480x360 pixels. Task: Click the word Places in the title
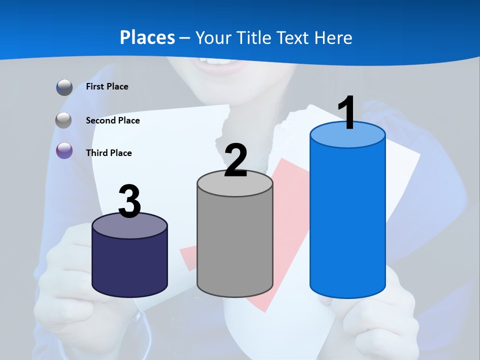[147, 37]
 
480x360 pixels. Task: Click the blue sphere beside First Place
[64, 87]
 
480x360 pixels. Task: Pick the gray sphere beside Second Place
[64, 120]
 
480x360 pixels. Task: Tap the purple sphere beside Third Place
[64, 150]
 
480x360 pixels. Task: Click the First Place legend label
[107, 86]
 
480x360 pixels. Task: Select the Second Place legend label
[112, 120]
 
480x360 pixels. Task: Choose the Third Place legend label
[108, 153]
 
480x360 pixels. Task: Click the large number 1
[346, 113]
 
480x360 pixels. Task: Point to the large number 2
[235, 160]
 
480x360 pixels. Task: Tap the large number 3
[129, 201]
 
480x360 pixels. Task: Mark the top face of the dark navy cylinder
[129, 226]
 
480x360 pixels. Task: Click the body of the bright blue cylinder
[347, 220]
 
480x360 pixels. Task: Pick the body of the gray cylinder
[235, 245]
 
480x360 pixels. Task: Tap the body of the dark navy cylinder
[129, 265]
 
